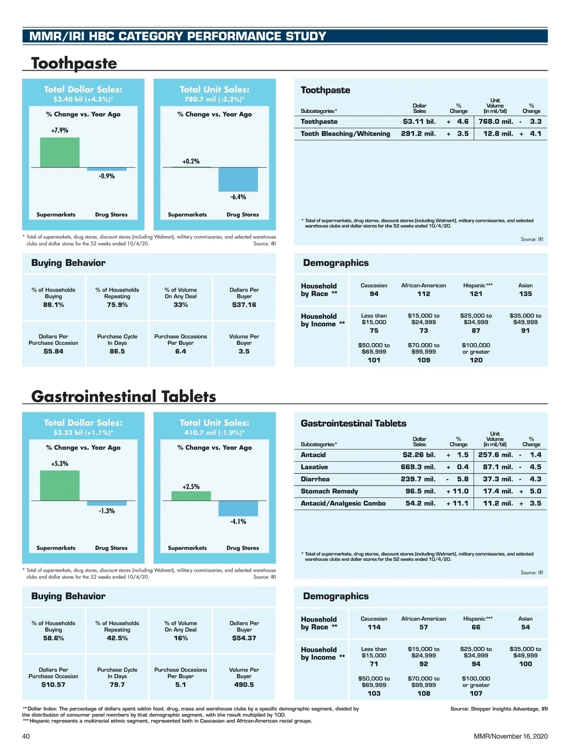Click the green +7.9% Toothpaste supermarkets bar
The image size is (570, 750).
click(59, 152)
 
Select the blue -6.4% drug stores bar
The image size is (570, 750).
click(238, 179)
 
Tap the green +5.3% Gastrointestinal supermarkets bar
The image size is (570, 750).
click(59, 485)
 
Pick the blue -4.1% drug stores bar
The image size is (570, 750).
click(238, 508)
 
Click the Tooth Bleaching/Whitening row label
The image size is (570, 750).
click(345, 134)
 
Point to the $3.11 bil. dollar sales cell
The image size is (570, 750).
click(419, 121)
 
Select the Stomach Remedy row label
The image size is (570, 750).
click(329, 491)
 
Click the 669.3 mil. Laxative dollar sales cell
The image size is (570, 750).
click(418, 467)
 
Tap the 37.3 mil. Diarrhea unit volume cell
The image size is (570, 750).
click(498, 479)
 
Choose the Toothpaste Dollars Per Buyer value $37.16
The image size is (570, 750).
click(244, 305)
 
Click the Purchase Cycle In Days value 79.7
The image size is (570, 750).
click(117, 685)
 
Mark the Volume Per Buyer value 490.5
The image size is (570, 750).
click(244, 685)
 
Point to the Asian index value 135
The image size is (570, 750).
click(525, 294)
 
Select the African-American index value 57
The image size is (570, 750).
click(424, 627)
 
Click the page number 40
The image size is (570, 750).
click(26, 736)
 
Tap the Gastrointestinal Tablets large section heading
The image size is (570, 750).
click(123, 396)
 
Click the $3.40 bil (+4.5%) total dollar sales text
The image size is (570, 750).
click(83, 100)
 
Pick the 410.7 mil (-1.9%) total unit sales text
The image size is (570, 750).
click(214, 433)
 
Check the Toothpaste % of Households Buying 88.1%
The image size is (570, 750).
click(53, 305)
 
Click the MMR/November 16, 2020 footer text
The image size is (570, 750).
click(511, 736)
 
